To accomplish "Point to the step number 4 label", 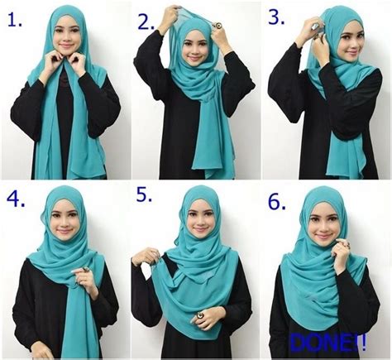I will [16, 199].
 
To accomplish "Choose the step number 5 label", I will [145, 198].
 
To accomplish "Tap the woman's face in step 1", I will [65, 37].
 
